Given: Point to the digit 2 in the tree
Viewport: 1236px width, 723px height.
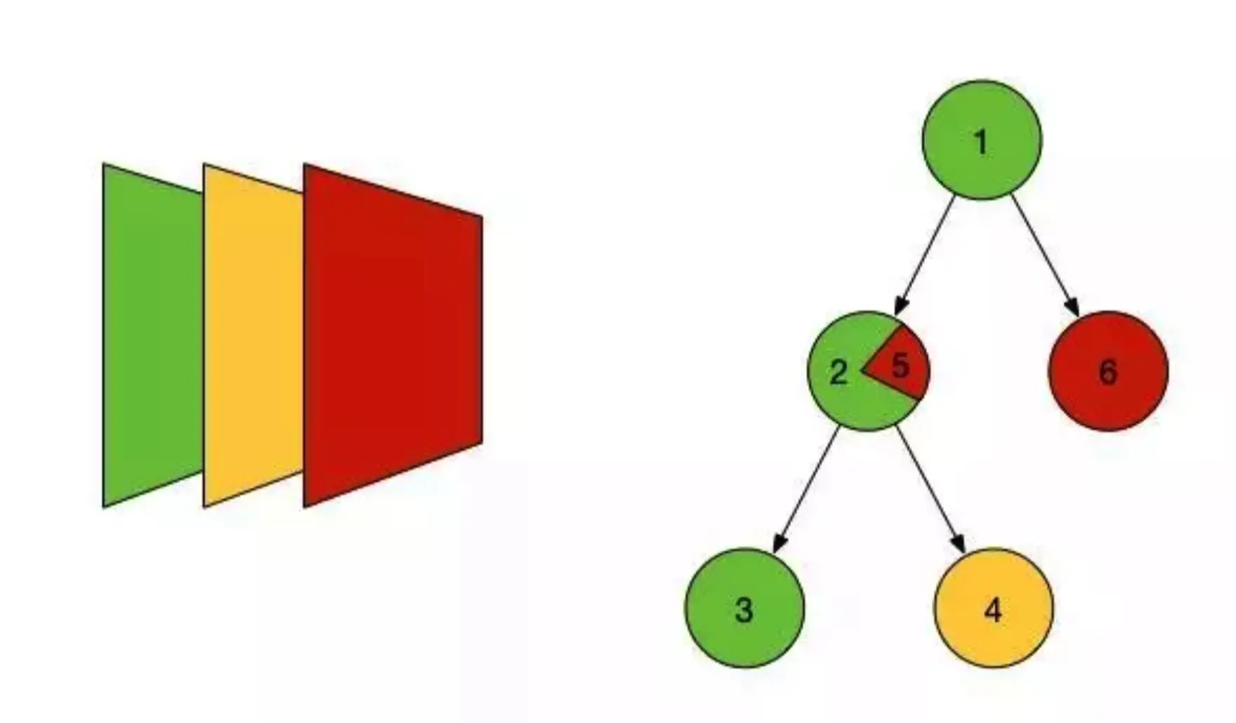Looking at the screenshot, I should point(838,372).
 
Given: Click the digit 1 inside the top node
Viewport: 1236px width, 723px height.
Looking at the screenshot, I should point(981,142).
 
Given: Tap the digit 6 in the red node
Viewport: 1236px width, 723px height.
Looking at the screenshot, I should point(1107,372).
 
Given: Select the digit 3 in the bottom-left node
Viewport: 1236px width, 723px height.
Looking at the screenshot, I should point(744,609).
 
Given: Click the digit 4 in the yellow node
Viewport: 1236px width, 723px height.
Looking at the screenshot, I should point(993,611).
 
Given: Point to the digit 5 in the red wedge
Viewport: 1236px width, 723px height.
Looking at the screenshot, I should point(900,365).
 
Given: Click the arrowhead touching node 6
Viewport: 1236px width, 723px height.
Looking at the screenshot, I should point(1072,307).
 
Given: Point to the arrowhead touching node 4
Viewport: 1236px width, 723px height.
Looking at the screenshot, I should point(958,543).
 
